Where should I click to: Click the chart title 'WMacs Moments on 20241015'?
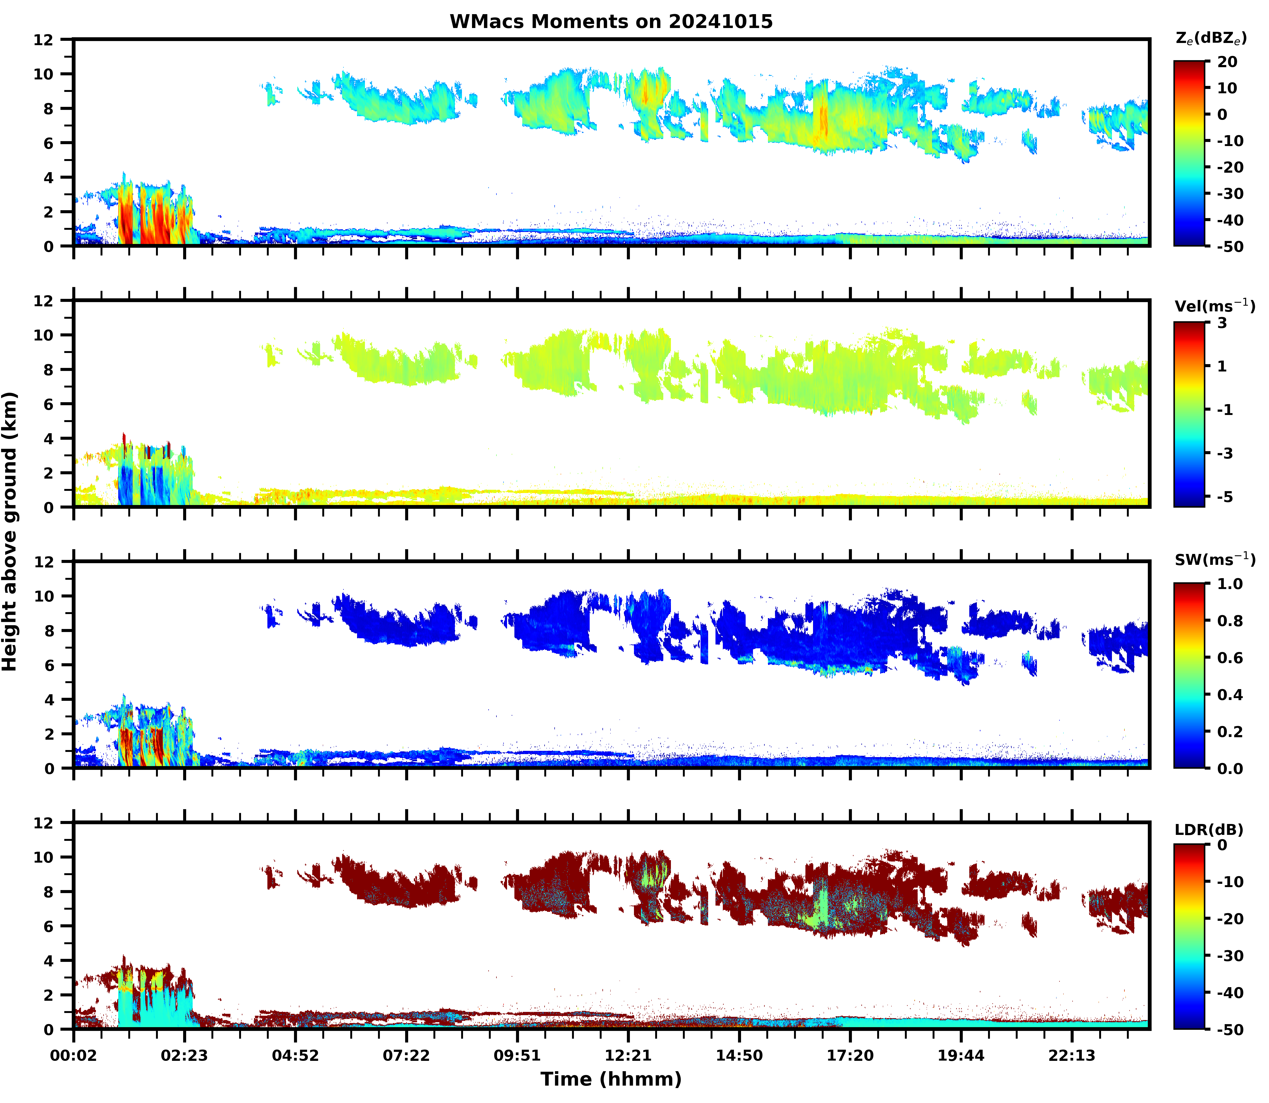click(x=611, y=21)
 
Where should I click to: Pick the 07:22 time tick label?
click(x=406, y=1056)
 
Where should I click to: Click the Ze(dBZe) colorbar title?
click(x=1211, y=38)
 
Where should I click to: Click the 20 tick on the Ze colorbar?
click(x=1227, y=62)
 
